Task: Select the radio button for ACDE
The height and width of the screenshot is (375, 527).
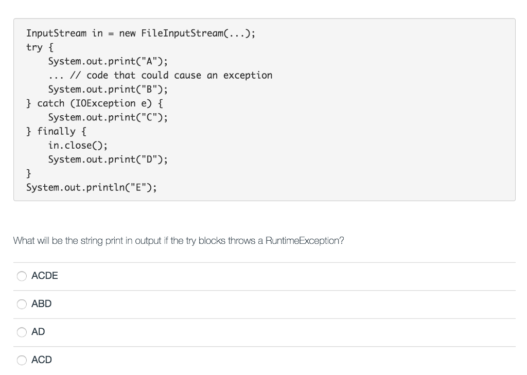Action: click(x=22, y=276)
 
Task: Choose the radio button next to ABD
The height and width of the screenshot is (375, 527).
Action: click(x=22, y=304)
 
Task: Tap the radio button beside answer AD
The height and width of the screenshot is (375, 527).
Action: click(x=22, y=332)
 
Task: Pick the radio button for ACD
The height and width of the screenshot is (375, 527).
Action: click(x=22, y=360)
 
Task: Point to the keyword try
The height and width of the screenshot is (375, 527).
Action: click(x=34, y=47)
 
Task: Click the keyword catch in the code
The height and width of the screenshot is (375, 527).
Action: click(x=51, y=103)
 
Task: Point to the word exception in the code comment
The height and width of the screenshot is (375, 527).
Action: click(x=248, y=75)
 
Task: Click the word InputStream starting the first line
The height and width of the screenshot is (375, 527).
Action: click(x=57, y=33)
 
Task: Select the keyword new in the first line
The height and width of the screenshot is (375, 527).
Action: click(x=127, y=33)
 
